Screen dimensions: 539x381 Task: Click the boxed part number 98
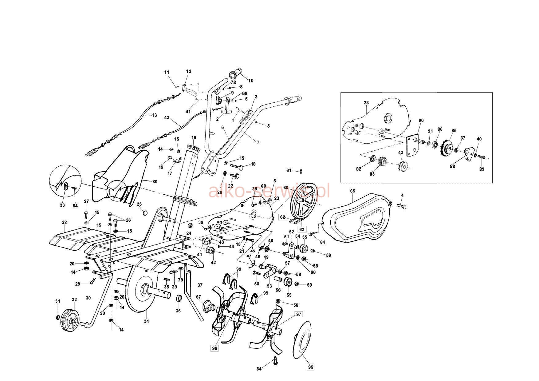[x=214, y=348]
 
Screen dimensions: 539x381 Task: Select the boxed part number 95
[x=311, y=367]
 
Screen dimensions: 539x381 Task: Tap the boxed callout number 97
[x=299, y=314]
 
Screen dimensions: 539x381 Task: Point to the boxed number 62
[x=283, y=217]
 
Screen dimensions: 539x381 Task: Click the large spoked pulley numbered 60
[x=303, y=201]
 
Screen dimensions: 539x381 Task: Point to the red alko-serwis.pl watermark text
[x=269, y=191]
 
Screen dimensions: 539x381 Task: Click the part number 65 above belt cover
[x=352, y=191]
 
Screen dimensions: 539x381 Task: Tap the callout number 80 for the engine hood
[x=155, y=181]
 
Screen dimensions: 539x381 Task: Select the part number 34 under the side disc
[x=146, y=321]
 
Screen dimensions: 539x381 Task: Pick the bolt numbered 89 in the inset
[x=481, y=157]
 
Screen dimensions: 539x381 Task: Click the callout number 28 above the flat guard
[x=64, y=222]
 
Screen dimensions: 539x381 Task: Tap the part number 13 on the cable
[x=154, y=115]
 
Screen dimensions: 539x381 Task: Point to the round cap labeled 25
[x=146, y=212]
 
